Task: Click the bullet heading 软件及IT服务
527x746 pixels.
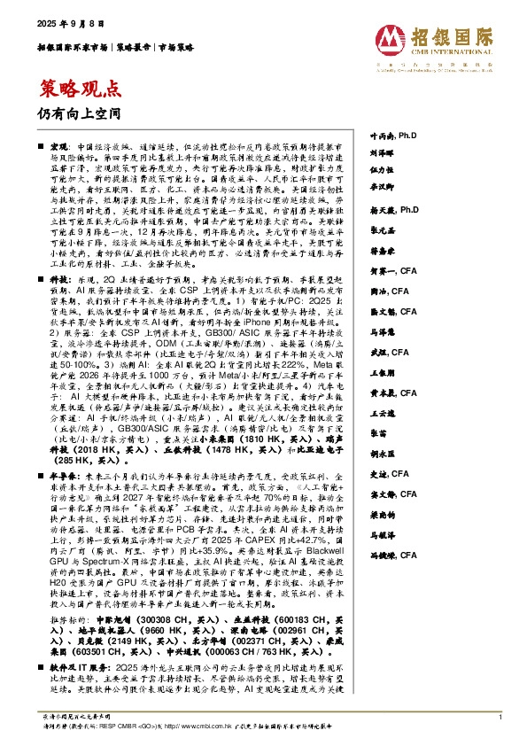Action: pos(78,664)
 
